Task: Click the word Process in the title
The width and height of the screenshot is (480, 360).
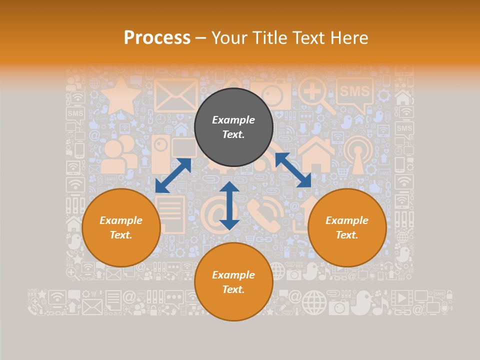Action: [157, 38]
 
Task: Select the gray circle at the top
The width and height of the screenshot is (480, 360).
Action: [233, 127]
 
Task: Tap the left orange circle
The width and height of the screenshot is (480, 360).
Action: [121, 227]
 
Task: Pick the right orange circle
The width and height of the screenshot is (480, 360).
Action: [347, 227]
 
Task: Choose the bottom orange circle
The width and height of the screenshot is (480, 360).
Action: [233, 281]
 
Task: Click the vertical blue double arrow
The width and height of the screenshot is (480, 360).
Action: [229, 205]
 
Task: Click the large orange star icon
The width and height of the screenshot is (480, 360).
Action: [120, 96]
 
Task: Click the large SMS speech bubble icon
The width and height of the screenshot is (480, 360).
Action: [354, 93]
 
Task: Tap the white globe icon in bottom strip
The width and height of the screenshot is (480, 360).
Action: [314, 301]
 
